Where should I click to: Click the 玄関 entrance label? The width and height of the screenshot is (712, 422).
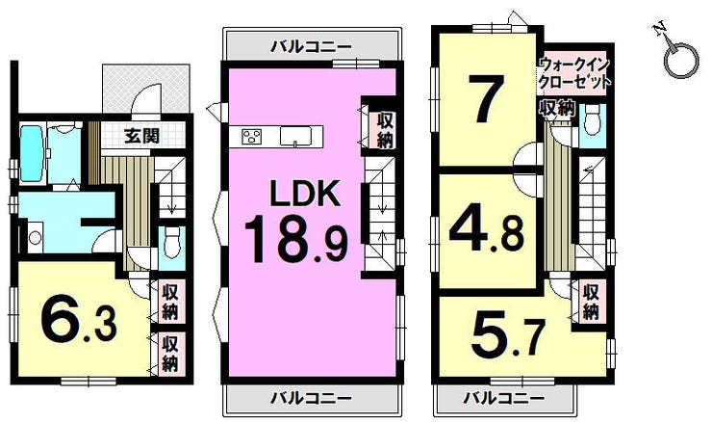[x=142, y=136]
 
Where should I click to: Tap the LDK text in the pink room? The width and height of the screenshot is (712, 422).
[x=305, y=194]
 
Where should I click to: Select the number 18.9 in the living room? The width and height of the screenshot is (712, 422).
[x=296, y=240]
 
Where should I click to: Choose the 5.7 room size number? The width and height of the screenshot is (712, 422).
[x=508, y=333]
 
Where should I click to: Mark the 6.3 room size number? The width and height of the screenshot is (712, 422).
[x=79, y=317]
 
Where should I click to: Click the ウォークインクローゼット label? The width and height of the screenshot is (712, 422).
[x=574, y=72]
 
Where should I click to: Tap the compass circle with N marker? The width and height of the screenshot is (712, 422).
[x=680, y=59]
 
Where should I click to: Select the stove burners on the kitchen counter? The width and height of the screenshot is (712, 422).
[x=252, y=136]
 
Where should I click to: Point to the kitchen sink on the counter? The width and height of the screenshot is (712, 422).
[x=295, y=136]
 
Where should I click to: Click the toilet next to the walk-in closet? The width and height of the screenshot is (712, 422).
[x=592, y=119]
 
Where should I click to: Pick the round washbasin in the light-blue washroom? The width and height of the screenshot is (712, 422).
[x=35, y=237]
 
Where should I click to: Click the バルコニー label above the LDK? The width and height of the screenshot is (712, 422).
[x=311, y=46]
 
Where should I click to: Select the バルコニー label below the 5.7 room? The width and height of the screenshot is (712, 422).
[x=503, y=399]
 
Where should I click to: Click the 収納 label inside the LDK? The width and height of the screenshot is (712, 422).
[x=385, y=130]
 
